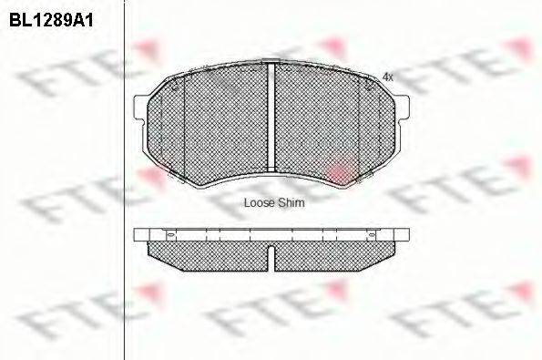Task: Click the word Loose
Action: tap(261, 203)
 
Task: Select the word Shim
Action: tap(291, 203)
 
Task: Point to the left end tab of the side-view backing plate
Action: tap(139, 235)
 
